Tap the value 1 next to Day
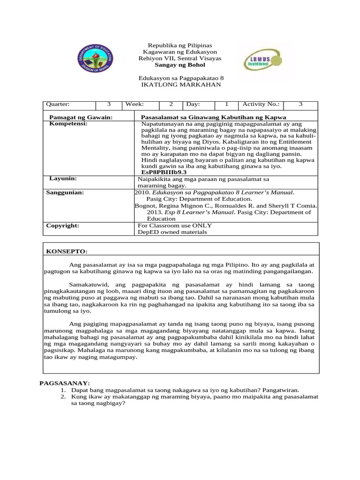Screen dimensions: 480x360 pyautogui.click(x=227, y=105)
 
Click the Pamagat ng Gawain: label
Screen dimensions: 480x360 pyautogui.click(x=81, y=117)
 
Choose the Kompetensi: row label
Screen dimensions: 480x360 pyautogui.click(x=68, y=124)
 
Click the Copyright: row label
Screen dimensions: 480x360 pyautogui.click(x=62, y=225)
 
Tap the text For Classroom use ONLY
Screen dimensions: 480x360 pyautogui.click(x=174, y=225)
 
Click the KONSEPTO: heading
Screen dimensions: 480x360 pyautogui.click(x=67, y=252)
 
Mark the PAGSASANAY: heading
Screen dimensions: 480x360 pyautogui.click(x=64, y=383)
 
